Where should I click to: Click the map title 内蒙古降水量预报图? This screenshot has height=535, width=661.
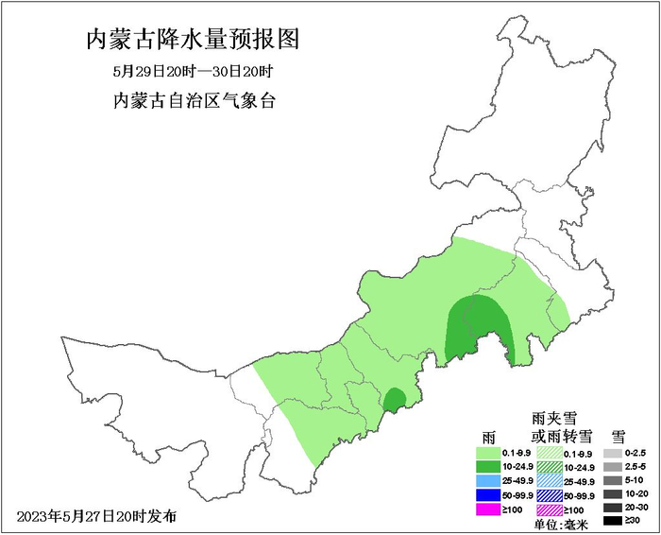[x=193, y=40]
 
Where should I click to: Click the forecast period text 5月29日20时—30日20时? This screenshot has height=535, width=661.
[x=193, y=72]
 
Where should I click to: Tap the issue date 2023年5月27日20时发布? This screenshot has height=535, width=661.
[x=96, y=516]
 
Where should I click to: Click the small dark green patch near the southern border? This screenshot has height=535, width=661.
[x=394, y=400]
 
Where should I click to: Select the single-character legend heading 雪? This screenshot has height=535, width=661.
[x=619, y=437]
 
